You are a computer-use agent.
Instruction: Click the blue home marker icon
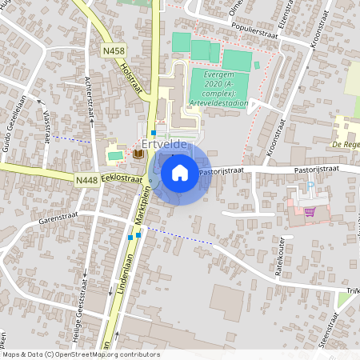coord(180,171)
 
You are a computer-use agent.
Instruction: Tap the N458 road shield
coord(113,50)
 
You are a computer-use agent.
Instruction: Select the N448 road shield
coord(87,181)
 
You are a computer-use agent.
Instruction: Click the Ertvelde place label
coord(163,145)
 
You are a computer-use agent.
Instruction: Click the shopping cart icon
coord(309,212)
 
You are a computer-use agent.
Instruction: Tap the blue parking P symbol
coord(311,187)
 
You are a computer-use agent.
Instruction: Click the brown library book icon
coord(138,154)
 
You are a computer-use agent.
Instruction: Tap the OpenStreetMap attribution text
coord(80,354)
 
